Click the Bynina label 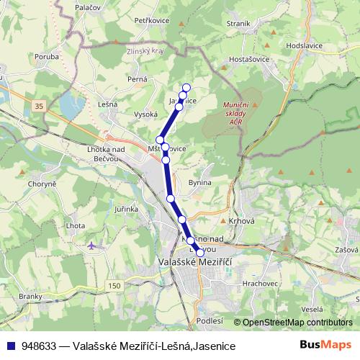(199, 182)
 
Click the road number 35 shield (37, 106)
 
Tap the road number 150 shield (114, 286)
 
